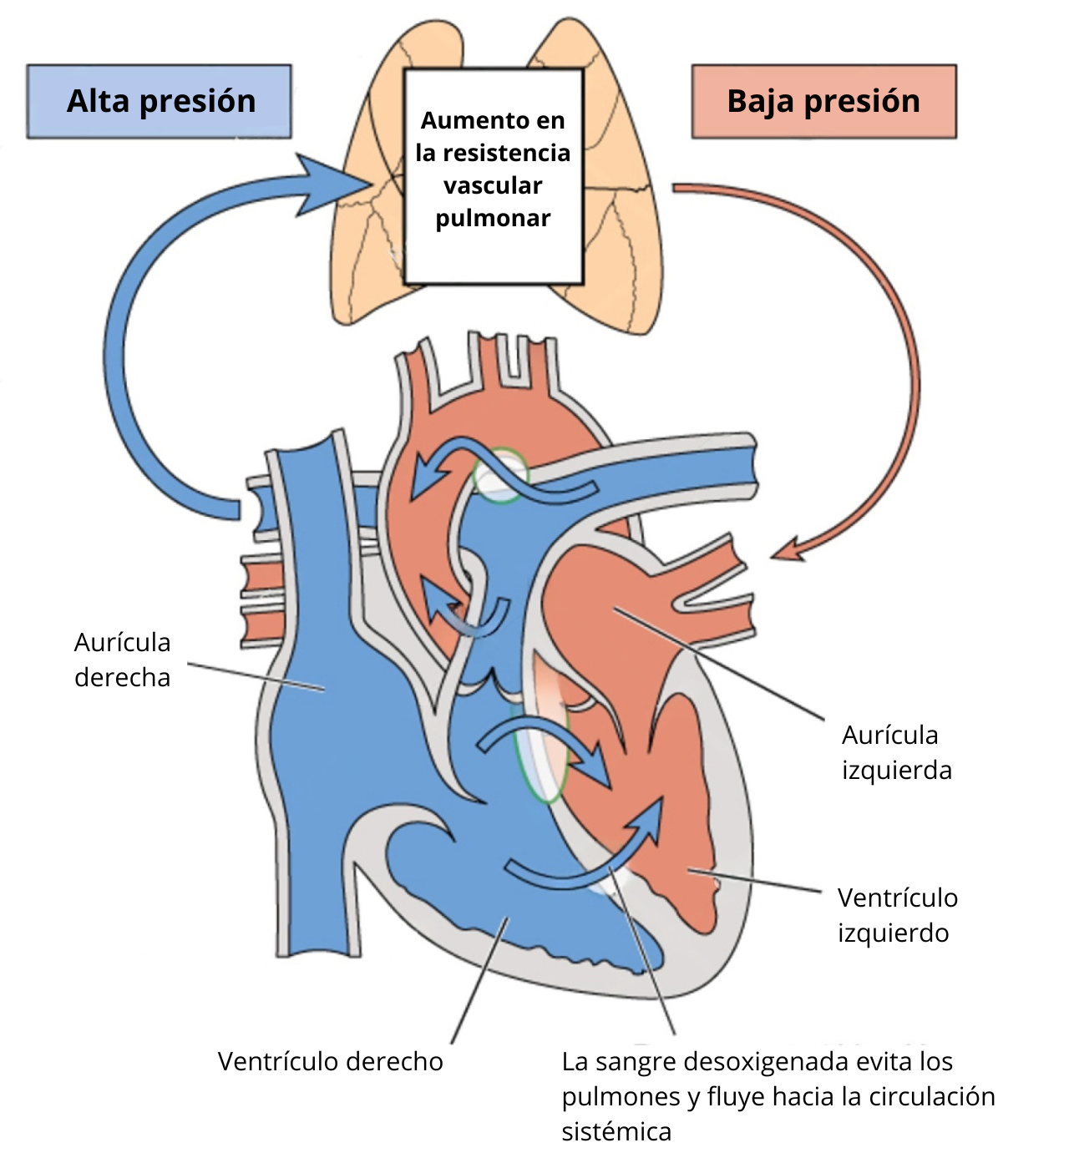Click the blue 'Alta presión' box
tap(160, 101)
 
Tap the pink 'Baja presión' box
tap(823, 101)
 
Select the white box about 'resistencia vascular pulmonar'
tap(493, 176)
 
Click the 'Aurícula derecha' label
tap(122, 660)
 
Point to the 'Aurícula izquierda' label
tap(896, 752)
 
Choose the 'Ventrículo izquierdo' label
tap(897, 915)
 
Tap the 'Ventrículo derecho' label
tap(330, 1061)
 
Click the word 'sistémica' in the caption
tap(616, 1131)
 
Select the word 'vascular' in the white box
tap(493, 185)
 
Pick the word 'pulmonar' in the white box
tap(493, 219)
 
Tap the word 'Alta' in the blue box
tap(98, 101)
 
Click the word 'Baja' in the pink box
tap(759, 101)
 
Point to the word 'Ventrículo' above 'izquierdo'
tap(897, 897)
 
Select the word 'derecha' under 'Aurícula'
tap(122, 677)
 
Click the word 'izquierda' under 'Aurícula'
tap(896, 770)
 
